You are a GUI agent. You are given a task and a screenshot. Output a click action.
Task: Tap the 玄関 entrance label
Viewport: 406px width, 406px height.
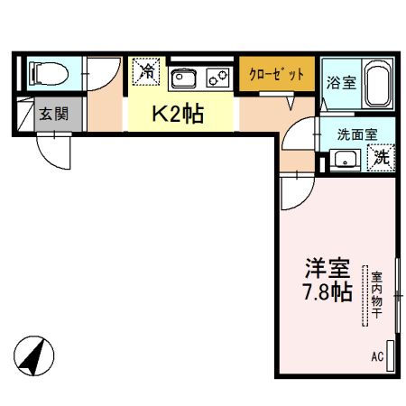pyautogui.click(x=51, y=115)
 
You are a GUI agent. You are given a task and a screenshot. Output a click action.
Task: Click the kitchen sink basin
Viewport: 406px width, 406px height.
pyautogui.click(x=184, y=78)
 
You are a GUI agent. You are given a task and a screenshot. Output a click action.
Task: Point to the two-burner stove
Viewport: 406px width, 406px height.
pyautogui.click(x=218, y=78)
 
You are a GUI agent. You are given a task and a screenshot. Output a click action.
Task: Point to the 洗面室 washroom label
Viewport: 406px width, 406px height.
pyautogui.click(x=364, y=134)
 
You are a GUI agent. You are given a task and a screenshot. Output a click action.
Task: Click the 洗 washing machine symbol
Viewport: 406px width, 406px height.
pyautogui.click(x=383, y=157)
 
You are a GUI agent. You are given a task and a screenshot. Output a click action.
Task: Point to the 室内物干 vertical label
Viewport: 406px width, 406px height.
pyautogui.click(x=369, y=294)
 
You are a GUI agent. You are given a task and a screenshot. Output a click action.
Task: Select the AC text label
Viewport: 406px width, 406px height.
pyautogui.click(x=377, y=356)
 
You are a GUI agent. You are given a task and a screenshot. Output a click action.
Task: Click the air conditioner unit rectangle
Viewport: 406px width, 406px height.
pyautogui.click(x=391, y=353)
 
